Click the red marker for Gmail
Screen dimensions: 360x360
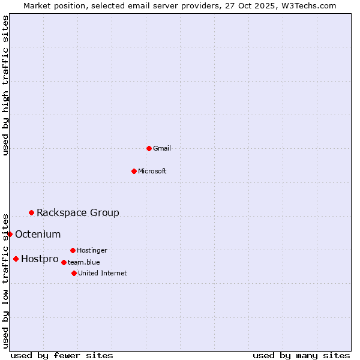pos(149,148)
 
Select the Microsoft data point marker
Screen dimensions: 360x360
pos(134,171)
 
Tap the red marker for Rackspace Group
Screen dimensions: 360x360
pos(31,212)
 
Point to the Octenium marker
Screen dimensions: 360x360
pos(10,234)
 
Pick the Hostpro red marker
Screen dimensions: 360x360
pos(16,259)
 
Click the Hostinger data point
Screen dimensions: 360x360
pos(73,250)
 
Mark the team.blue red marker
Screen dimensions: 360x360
pos(64,262)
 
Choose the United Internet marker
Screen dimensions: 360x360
pos(74,273)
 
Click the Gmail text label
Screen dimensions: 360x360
pos(162,148)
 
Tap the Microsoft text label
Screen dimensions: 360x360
pos(152,171)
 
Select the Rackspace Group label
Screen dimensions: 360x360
pos(78,212)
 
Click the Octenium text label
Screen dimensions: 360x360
pos(38,234)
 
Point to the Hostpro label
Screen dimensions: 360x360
pos(40,259)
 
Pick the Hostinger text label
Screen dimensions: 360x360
pos(92,250)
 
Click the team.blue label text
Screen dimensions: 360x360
pos(84,262)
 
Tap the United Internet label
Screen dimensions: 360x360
pos(103,273)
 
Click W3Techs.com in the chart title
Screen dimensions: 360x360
pos(310,5)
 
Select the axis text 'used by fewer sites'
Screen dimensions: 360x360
pos(62,355)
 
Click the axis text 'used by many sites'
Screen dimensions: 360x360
pos(301,355)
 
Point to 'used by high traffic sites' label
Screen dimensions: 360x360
pos(5,85)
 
